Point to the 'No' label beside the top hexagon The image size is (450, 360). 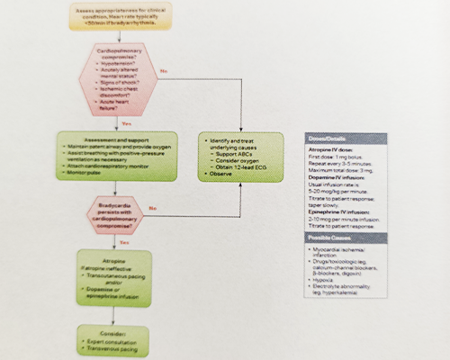click(x=165, y=69)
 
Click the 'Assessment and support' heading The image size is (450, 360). click(x=114, y=141)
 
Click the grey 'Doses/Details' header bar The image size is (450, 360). click(x=346, y=138)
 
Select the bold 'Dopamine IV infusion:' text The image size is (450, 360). click(x=335, y=176)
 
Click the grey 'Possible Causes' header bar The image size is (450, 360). click(x=346, y=237)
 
